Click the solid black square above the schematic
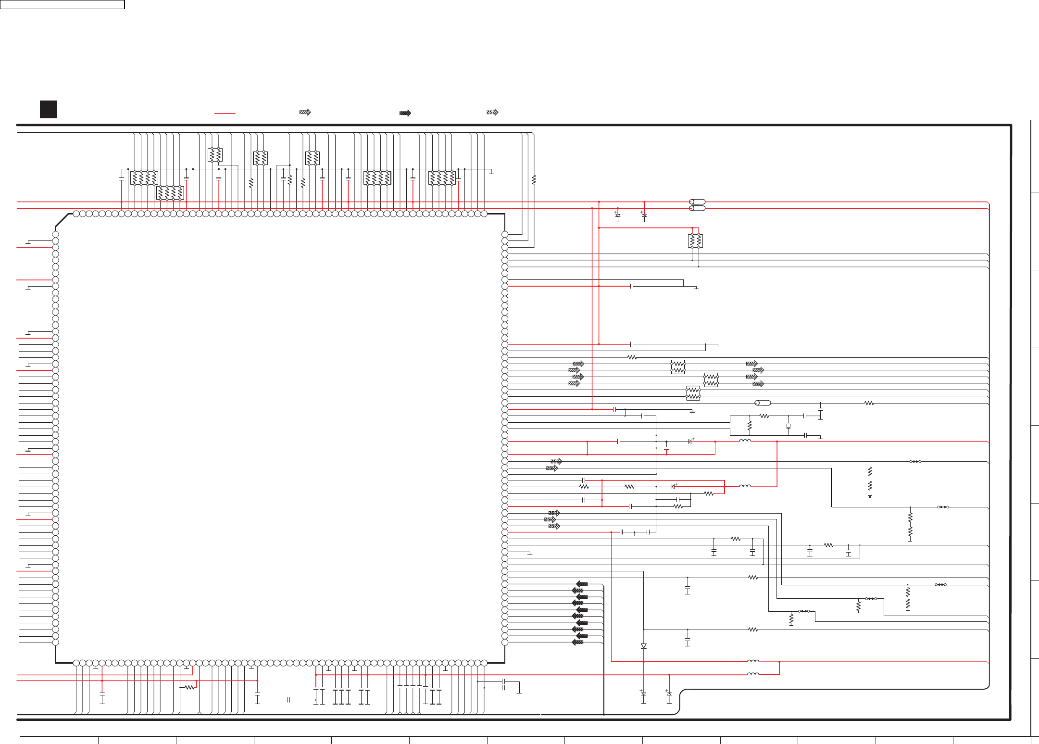click(49, 109)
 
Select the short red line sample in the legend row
click(225, 113)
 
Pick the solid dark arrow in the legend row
click(405, 113)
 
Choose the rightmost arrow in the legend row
click(492, 112)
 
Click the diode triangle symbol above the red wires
click(643, 646)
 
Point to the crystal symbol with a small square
click(788, 426)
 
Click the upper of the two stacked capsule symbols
click(697, 202)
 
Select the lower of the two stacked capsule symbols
click(697, 208)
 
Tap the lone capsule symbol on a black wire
click(763, 403)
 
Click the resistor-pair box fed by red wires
click(695, 240)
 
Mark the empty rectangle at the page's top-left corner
click(63, 4)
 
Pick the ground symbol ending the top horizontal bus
click(491, 172)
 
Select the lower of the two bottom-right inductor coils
click(753, 674)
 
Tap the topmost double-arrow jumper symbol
click(915, 462)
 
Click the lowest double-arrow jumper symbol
click(804, 611)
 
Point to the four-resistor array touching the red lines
click(170, 193)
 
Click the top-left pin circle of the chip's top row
click(76, 214)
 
